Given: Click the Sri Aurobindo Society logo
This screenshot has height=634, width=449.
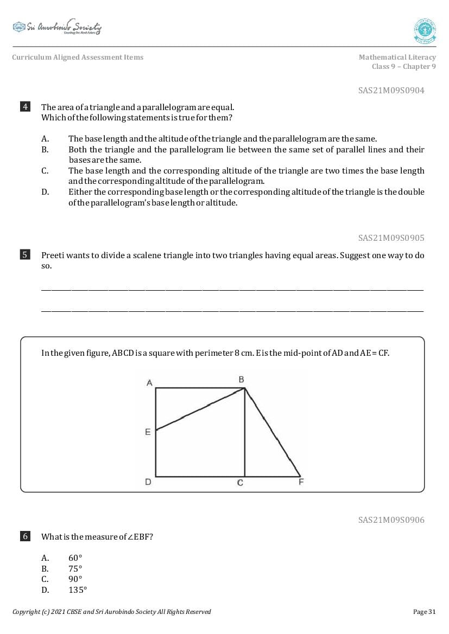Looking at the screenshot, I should [57, 27].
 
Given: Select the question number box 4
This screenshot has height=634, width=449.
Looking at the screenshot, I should [25, 107].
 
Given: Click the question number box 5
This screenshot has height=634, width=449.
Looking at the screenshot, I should [25, 255].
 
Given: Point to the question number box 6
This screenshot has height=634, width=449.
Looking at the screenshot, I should [25, 536].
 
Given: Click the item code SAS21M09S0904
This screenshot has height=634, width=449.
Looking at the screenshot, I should [391, 91].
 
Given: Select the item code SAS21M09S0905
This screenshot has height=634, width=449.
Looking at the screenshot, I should [391, 238].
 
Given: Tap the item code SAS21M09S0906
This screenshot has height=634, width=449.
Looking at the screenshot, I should [391, 520].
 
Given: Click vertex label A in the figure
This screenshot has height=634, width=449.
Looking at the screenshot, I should [149, 383].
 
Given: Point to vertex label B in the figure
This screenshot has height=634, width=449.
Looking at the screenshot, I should [241, 380].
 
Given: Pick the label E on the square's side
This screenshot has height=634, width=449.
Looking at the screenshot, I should [148, 432].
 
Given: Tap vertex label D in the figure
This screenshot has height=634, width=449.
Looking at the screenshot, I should [148, 482].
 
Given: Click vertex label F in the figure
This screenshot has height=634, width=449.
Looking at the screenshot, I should [301, 482].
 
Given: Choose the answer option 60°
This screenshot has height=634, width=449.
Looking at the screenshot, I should [75, 558].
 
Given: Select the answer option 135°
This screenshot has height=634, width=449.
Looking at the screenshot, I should [77, 590].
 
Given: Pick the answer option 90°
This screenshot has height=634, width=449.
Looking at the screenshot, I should [75, 579].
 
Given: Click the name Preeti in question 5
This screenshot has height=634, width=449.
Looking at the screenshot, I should [53, 255].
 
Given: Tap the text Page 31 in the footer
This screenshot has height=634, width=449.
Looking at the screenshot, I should [424, 612].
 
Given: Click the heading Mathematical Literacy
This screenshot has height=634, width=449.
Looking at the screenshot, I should [397, 57].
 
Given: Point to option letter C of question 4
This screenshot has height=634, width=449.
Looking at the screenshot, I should [45, 171].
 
